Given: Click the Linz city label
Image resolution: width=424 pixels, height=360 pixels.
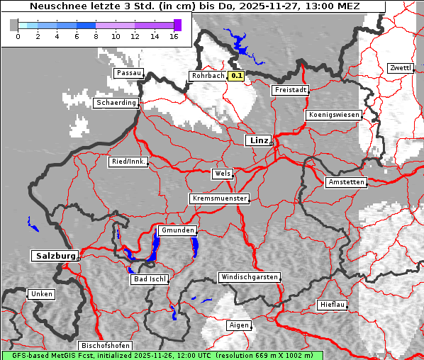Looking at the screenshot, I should point(258,140).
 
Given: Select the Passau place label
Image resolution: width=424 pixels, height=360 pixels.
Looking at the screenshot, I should point(128,73).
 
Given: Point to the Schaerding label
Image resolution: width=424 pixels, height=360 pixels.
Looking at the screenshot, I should point(115,103).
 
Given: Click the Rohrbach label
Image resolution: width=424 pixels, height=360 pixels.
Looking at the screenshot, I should point(206,76).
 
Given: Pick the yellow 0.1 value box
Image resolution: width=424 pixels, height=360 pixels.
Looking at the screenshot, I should point(236,76).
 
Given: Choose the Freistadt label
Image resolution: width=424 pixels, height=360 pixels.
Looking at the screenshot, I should point(290,90).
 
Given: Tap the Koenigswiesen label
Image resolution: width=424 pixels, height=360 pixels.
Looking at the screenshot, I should point(333,115).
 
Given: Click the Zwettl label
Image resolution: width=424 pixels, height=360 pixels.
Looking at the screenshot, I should point(400,68).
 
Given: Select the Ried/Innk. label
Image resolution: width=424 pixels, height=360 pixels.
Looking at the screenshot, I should point(128,162).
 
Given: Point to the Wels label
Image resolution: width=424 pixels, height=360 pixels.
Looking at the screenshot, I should point(221,174).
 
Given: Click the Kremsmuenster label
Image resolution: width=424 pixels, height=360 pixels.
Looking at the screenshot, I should point(219,198).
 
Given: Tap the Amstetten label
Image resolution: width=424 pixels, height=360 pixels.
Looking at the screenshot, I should point(345,182).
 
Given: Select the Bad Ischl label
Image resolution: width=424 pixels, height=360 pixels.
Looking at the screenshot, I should point(149,279).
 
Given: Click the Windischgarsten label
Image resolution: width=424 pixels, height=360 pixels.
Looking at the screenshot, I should point(248,277).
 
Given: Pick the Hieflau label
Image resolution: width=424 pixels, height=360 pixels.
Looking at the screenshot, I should point(332,305).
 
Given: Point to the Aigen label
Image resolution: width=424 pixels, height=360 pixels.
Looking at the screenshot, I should point(238,325).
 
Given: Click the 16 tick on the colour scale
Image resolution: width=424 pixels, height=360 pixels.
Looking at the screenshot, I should point(174,36).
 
